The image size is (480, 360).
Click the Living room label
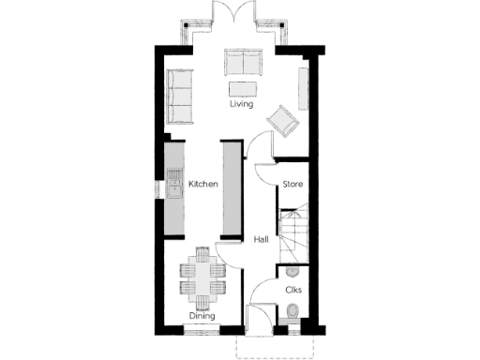pos(242,105)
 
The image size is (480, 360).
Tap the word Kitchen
pos(203,185)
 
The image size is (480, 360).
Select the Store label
pos(292,185)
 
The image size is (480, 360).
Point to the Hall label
pos(262,240)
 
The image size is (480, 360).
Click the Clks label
pos(292,290)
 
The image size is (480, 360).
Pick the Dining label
pos(202,317)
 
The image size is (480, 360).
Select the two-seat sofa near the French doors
pos(243,64)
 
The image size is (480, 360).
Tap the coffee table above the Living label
pos(242,88)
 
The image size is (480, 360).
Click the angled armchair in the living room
pos(283,121)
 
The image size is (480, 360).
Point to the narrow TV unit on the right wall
pos(303,88)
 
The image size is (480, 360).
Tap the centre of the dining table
pos(202,277)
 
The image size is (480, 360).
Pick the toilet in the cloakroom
pos(293,313)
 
